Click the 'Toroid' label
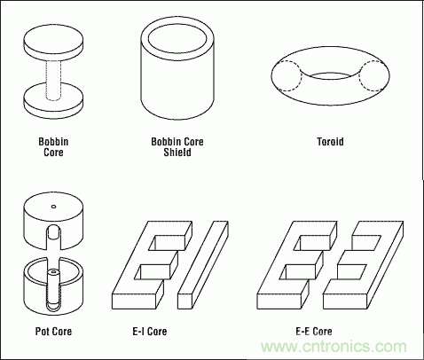(330, 142)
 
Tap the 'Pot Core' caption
(53, 331)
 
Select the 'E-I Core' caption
(150, 331)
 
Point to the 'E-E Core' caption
(314, 331)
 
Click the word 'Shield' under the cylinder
(177, 153)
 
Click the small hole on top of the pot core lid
(53, 207)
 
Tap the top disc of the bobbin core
(53, 43)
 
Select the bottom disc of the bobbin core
(53, 100)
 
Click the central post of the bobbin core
(53, 80)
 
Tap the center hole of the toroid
(331, 76)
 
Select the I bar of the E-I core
(203, 265)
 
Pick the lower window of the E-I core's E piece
(153, 272)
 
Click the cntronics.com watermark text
(334, 346)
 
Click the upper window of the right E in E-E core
(366, 242)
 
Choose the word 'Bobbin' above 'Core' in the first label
(53, 142)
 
